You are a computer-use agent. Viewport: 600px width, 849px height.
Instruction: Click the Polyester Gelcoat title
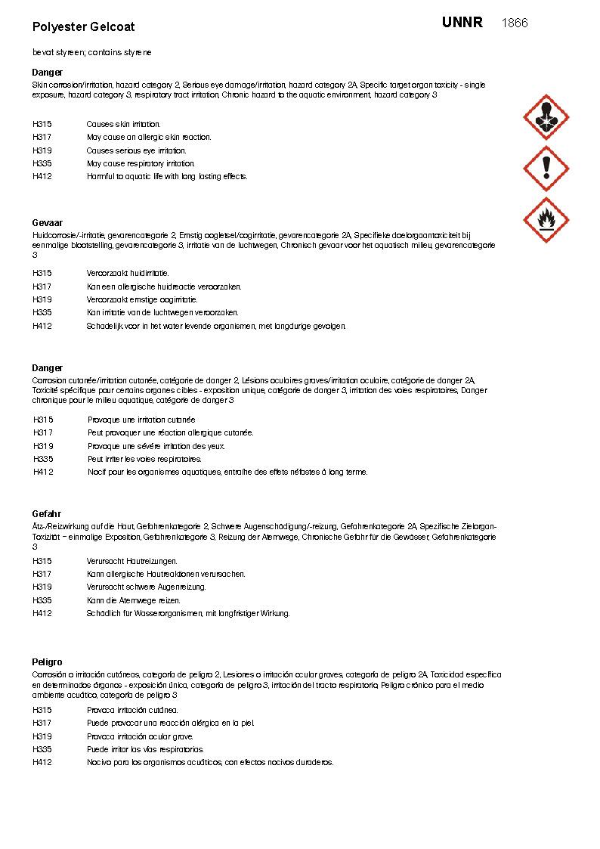coord(83,26)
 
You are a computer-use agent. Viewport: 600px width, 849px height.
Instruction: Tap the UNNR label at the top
coord(462,23)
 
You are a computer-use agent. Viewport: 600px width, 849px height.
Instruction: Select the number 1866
coord(515,23)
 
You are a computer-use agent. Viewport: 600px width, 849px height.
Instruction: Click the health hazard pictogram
coord(546,117)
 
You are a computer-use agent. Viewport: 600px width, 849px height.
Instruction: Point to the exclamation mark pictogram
coord(546,168)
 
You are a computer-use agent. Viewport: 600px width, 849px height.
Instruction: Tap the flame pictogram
coord(546,219)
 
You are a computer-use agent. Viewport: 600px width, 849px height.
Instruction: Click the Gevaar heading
coord(47,223)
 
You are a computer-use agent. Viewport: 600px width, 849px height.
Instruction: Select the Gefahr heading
coord(46,514)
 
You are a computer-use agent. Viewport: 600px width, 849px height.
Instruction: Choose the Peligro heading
coord(47,662)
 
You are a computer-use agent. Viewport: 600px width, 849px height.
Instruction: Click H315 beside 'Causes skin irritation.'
coord(42,124)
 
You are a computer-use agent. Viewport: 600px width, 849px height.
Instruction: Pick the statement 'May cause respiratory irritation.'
coord(141,163)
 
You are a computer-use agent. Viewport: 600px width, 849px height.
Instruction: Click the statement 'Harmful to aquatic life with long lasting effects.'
coord(167,176)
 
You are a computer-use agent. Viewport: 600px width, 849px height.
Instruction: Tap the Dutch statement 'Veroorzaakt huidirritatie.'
coord(128,273)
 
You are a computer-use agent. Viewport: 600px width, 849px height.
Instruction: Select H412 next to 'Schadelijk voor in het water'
coord(42,326)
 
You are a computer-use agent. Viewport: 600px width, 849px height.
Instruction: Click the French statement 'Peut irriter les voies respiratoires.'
coord(144,459)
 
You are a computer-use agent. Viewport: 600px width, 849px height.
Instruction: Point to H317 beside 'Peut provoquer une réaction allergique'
coord(43,432)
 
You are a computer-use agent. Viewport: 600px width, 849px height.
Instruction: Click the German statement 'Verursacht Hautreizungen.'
coord(131,561)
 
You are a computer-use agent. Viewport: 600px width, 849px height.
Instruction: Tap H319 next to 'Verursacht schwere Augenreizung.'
coord(42,587)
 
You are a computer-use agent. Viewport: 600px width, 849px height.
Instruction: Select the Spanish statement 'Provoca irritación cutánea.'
coord(132,710)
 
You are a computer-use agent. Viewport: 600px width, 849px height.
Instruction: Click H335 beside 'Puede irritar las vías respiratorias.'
coord(42,749)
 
